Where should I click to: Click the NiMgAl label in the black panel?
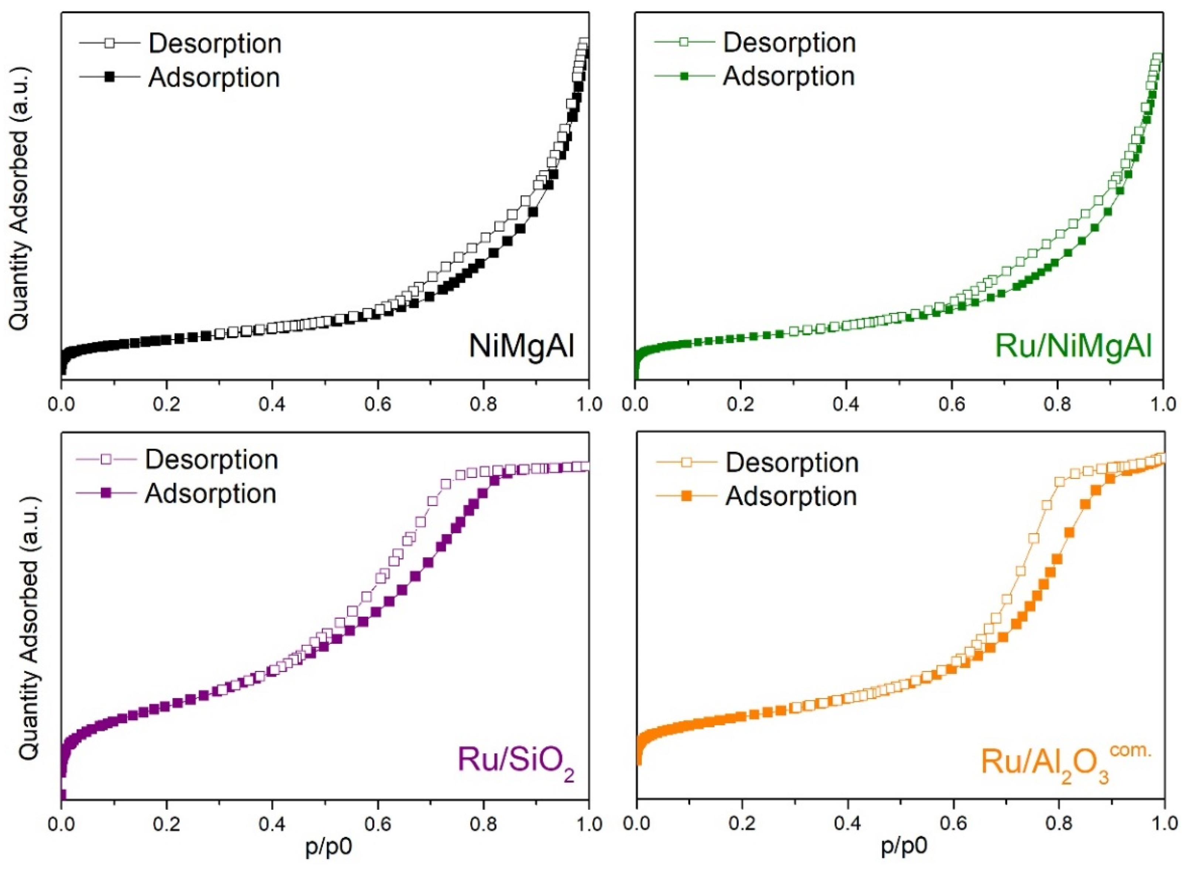[521, 347]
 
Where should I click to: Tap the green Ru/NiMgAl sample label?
[1073, 347]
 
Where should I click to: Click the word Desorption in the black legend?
[215, 43]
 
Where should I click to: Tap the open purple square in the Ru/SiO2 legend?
[106, 459]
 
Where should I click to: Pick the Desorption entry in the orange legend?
[792, 463]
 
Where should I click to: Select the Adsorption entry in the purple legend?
[211, 493]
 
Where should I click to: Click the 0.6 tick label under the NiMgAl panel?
[378, 404]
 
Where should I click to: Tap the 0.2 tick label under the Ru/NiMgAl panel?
[740, 404]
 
